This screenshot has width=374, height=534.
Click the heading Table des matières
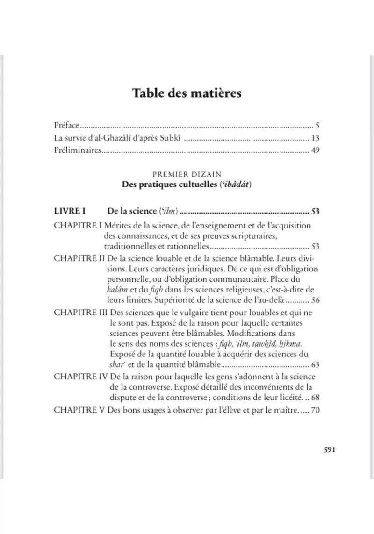tap(187, 93)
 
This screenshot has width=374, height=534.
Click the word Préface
tap(65, 126)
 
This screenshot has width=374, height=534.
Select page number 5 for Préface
tap(317, 126)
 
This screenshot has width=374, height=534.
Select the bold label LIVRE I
tap(68, 211)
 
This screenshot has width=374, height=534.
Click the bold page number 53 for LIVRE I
tap(315, 211)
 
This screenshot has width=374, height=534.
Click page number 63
tap(315, 365)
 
